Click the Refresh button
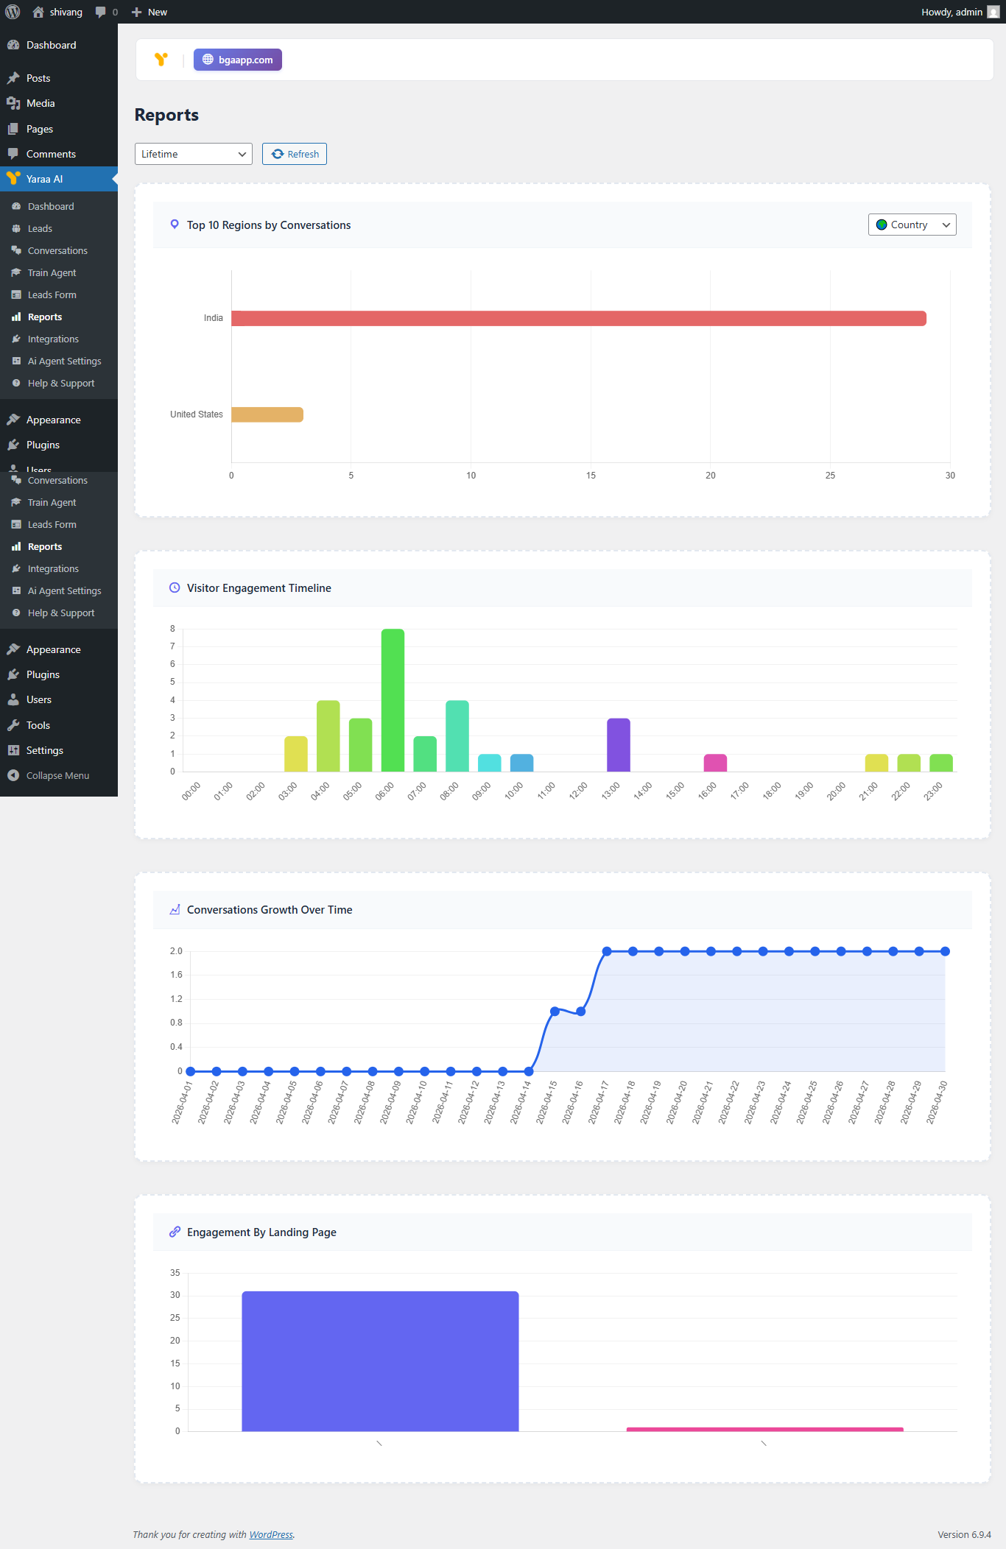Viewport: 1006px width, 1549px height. click(x=295, y=154)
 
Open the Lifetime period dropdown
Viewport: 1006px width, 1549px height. click(x=193, y=154)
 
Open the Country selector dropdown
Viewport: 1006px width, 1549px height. click(x=912, y=225)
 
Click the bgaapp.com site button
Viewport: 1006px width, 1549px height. click(x=238, y=60)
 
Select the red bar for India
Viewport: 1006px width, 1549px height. click(x=578, y=318)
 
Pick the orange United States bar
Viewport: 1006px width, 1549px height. click(x=267, y=414)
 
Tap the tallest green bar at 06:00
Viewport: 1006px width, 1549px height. click(x=393, y=699)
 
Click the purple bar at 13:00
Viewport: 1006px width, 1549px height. click(x=619, y=744)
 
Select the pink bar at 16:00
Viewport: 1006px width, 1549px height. click(x=715, y=763)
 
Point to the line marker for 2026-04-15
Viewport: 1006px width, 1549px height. click(x=555, y=1012)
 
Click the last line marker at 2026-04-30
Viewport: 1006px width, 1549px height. click(x=945, y=951)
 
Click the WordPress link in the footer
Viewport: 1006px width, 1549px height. click(x=271, y=1534)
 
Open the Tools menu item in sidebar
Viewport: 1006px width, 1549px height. click(x=38, y=725)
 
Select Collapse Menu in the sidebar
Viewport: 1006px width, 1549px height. click(x=57, y=775)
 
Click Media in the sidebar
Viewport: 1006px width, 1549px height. click(x=41, y=103)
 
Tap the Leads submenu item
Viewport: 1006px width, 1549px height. click(x=40, y=228)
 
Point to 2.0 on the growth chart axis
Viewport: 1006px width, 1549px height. click(x=176, y=951)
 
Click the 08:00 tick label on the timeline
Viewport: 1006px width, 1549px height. click(x=449, y=791)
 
